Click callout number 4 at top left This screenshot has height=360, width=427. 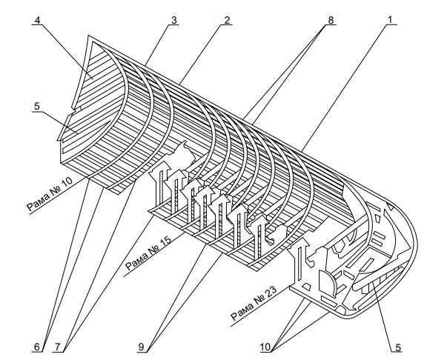point(37,20)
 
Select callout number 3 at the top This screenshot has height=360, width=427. point(173,20)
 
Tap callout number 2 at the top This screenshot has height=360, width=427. point(227,20)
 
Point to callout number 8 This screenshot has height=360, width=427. point(331,20)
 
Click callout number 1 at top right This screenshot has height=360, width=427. point(390,20)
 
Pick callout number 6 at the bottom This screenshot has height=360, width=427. point(37,347)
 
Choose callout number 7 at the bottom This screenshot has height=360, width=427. point(58,347)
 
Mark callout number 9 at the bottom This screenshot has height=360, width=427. point(141,347)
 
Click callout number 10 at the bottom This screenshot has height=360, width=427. point(265,347)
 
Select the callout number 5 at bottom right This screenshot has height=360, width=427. point(398,347)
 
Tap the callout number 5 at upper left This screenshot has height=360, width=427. point(37,106)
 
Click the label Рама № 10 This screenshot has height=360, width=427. point(50,194)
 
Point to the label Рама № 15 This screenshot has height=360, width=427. point(148,253)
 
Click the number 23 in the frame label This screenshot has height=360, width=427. point(271,292)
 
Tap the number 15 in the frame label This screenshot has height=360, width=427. point(165,242)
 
